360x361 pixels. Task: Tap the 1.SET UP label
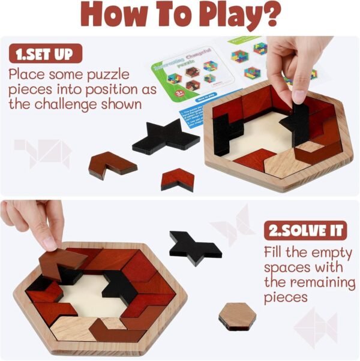pyautogui.click(x=45, y=54)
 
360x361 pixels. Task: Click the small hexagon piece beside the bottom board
pyautogui.click(x=236, y=315)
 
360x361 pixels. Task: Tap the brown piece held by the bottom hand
pyautogui.click(x=61, y=261)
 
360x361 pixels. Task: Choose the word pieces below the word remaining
pyautogui.click(x=286, y=297)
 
